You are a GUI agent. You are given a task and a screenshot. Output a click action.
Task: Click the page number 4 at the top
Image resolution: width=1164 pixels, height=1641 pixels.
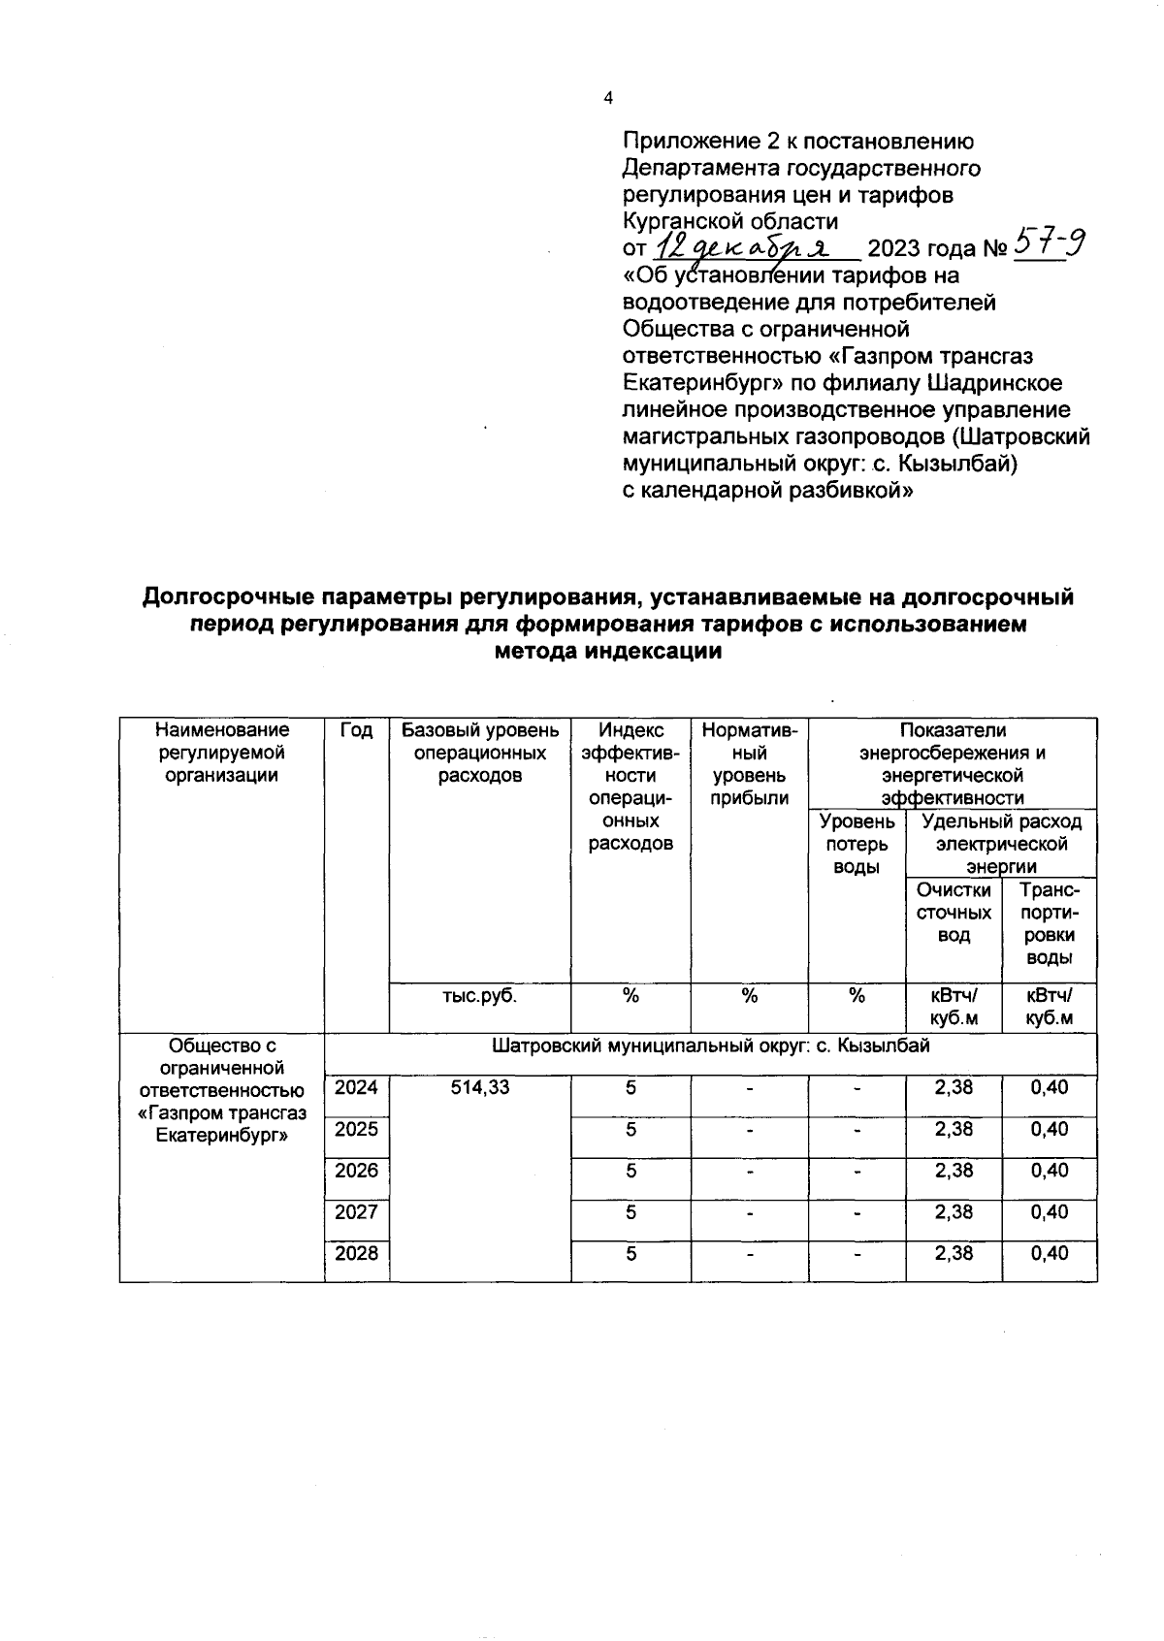(608, 97)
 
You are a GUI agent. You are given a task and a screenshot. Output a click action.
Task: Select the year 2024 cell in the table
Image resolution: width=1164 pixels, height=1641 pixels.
(356, 1088)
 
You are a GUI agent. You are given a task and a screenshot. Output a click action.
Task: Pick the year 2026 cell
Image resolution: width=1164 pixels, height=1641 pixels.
(356, 1171)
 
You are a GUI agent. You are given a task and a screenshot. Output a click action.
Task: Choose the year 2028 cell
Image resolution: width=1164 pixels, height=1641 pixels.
(356, 1254)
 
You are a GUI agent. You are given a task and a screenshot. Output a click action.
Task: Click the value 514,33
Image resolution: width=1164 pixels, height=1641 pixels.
(480, 1088)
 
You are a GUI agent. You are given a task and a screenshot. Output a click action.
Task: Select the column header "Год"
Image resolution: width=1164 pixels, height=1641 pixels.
(356, 730)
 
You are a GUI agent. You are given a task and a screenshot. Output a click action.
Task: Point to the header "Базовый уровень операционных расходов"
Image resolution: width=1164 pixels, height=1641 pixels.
(480, 753)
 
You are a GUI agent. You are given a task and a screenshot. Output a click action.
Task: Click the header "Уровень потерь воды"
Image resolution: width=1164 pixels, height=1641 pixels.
(857, 844)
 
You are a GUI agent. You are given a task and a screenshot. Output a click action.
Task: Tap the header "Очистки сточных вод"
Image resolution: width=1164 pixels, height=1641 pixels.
(954, 913)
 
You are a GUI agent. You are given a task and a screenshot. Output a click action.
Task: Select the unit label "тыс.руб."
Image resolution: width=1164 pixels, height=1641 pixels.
(480, 996)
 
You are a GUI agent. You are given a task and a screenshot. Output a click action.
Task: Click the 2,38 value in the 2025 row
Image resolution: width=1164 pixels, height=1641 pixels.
(954, 1129)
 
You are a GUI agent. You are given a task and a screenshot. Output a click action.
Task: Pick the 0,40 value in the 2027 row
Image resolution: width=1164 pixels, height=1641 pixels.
(1049, 1212)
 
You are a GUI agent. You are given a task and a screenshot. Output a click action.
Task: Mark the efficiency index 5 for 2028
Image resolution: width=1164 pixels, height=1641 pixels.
(630, 1254)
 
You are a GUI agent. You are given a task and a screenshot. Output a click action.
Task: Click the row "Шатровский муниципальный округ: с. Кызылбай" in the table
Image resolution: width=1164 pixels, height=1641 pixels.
(710, 1046)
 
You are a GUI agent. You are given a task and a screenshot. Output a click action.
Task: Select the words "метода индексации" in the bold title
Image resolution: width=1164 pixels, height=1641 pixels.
(608, 652)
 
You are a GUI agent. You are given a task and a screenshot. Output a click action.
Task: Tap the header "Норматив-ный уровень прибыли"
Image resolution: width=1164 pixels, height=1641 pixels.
(749, 763)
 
